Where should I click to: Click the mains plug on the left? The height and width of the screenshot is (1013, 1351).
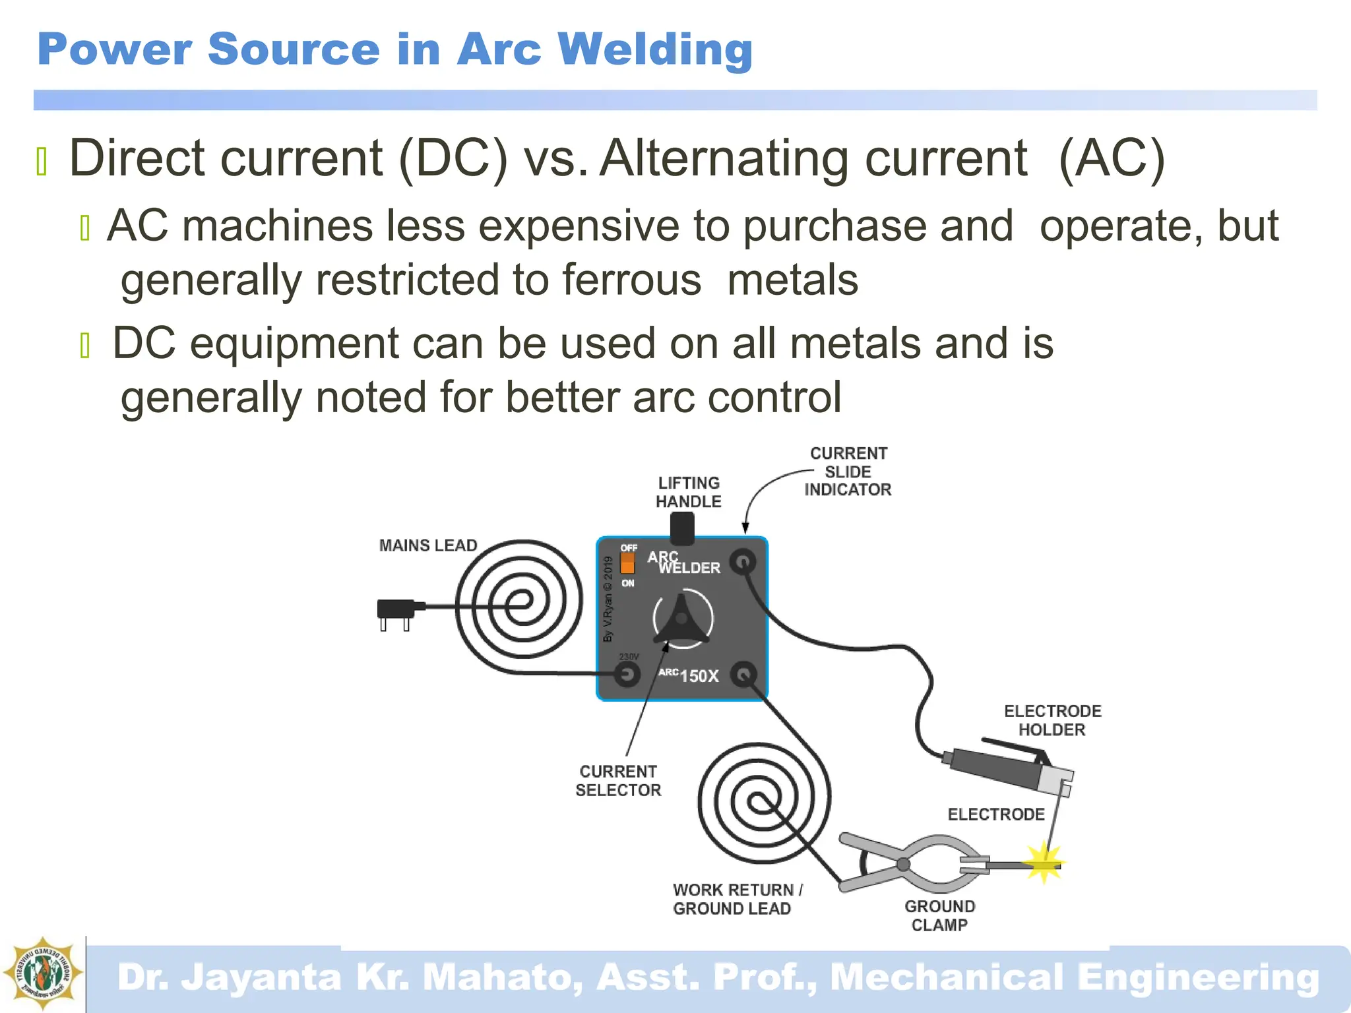coord(396,610)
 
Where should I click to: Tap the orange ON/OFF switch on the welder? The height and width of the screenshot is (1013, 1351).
coord(627,563)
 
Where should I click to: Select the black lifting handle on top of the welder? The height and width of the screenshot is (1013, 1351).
coord(682,528)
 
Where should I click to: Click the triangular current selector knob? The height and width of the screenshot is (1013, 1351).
coord(681,619)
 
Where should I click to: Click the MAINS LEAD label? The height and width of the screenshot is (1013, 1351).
coord(428,545)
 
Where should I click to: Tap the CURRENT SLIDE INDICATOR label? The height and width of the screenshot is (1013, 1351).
coord(848,472)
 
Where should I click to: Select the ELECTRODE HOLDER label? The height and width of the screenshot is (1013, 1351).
coord(1052,720)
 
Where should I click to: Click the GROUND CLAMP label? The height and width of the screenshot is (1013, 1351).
coord(939,915)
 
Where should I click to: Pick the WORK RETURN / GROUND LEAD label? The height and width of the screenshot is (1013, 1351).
coord(737,899)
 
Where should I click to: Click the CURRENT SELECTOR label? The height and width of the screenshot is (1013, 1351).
coord(618,781)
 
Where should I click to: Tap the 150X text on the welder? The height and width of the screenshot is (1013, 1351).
coord(699,676)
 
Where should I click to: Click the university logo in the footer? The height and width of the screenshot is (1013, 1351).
coord(43,973)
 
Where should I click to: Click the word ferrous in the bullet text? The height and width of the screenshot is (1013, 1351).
coord(631,280)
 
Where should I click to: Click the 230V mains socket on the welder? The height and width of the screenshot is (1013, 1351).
coord(627,674)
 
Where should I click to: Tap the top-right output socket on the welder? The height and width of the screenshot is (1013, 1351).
coord(743,562)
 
